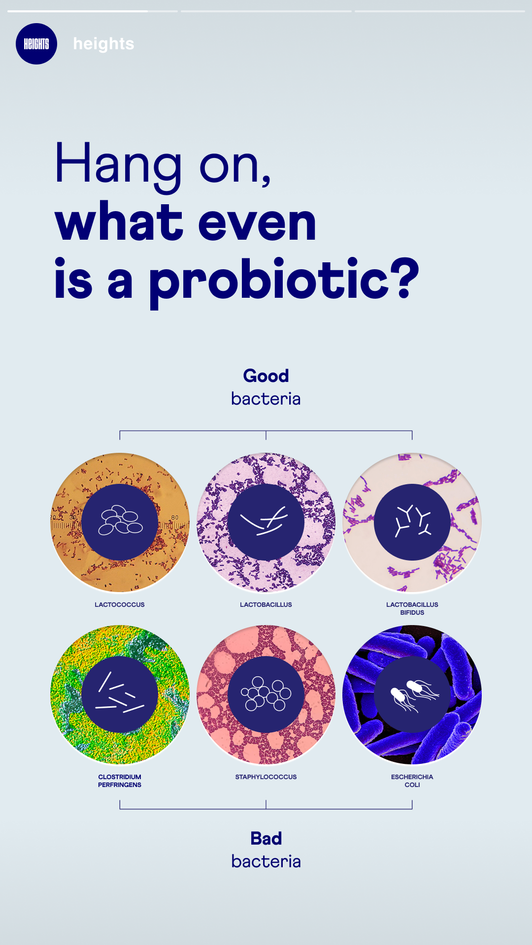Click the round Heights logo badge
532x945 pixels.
(x=36, y=44)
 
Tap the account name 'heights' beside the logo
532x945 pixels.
(x=103, y=44)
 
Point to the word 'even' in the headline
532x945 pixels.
(x=257, y=223)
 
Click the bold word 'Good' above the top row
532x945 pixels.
(x=266, y=376)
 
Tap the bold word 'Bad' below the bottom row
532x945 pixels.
(x=266, y=838)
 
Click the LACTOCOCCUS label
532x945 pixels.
(x=120, y=604)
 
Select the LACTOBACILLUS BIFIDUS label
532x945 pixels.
(x=412, y=608)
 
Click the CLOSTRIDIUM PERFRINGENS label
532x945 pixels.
(x=120, y=781)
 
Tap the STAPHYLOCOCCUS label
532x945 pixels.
(x=266, y=777)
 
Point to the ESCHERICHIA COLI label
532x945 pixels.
(x=412, y=781)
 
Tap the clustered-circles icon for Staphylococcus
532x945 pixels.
(x=266, y=694)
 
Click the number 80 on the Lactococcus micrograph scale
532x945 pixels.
(x=175, y=517)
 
